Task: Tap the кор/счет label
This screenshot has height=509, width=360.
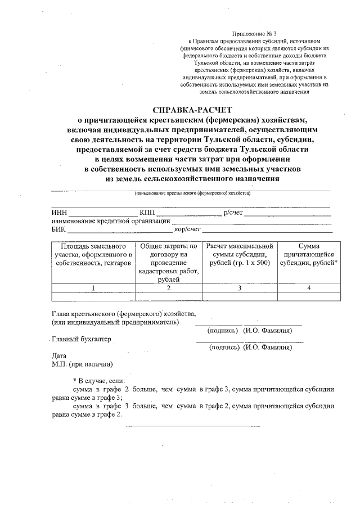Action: pos(187,229)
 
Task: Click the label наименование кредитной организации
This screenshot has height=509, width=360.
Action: pos(110,221)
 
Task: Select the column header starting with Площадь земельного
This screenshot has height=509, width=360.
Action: pos(93,255)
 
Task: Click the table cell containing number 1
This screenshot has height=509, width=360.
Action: pos(93,288)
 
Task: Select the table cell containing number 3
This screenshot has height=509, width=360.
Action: pos(240,288)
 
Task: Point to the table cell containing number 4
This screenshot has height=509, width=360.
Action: pos(309,288)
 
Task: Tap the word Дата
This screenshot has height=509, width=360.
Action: pos(58,356)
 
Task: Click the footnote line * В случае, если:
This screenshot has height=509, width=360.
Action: pos(100,380)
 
